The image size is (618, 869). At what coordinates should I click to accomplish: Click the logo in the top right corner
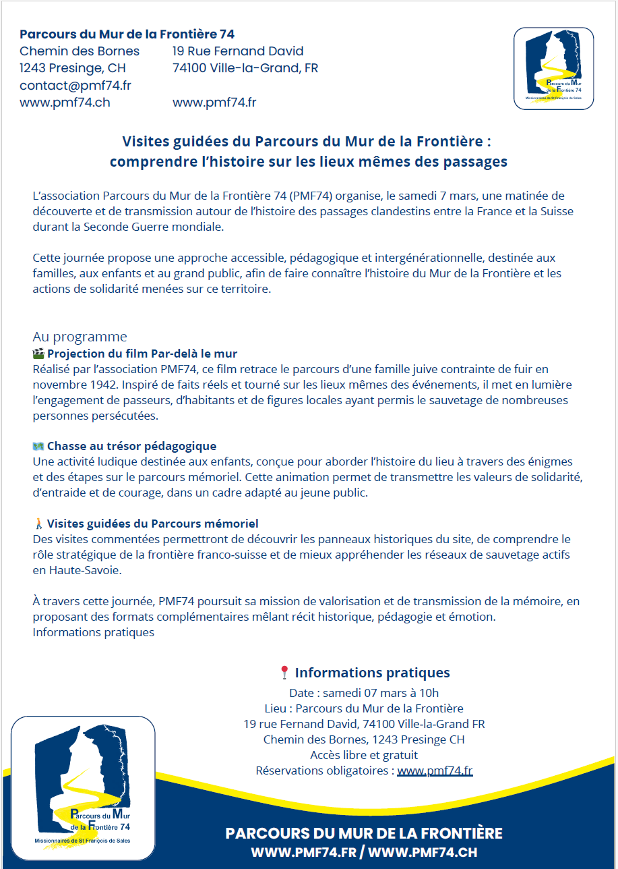(553, 68)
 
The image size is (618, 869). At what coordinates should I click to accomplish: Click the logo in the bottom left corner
(84, 787)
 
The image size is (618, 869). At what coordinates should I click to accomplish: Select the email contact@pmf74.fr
(75, 86)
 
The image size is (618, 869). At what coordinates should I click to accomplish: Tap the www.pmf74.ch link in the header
(65, 103)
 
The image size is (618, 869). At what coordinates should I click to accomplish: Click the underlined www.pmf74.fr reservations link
(435, 770)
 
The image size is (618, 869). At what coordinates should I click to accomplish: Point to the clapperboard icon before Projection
(38, 354)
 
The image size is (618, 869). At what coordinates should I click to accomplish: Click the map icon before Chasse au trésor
(38, 446)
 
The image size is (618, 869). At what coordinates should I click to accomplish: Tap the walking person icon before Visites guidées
(38, 524)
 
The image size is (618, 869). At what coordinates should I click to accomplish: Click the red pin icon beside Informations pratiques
(284, 673)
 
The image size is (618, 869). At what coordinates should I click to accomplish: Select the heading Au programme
(80, 337)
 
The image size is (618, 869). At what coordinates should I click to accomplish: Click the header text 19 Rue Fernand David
(238, 51)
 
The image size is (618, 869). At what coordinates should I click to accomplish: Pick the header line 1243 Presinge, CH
(73, 68)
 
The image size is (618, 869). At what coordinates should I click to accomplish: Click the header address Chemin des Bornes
(80, 51)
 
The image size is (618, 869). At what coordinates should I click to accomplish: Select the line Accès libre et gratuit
(364, 755)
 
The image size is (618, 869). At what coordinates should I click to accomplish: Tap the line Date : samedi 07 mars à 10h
(364, 693)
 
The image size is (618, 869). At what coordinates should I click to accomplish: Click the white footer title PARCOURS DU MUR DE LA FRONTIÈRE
(364, 833)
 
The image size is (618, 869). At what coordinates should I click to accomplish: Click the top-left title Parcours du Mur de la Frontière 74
(127, 34)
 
